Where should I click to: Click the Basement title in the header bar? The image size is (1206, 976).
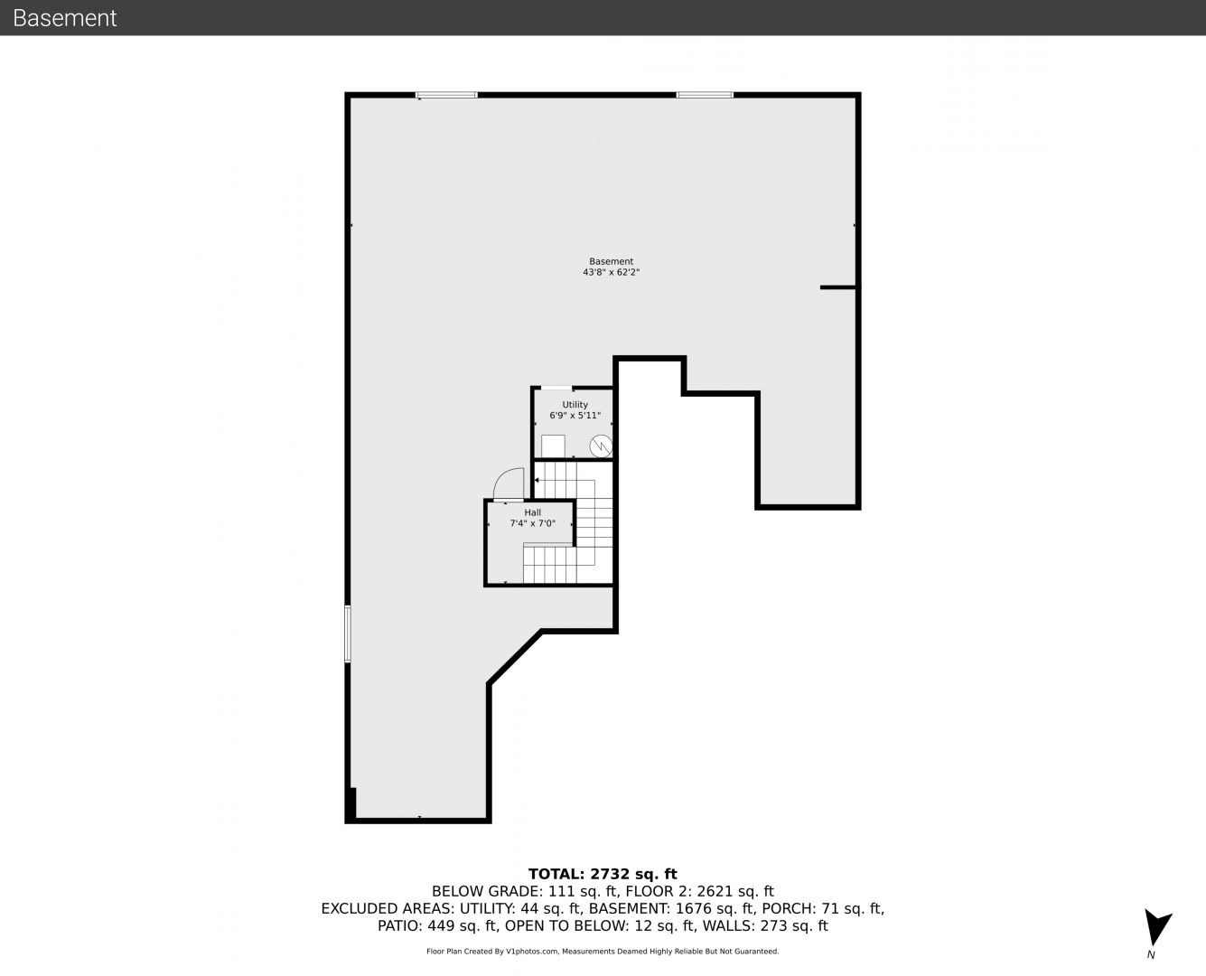click(64, 18)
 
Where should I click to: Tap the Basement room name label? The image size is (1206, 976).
click(611, 261)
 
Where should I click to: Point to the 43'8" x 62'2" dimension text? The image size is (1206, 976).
click(611, 272)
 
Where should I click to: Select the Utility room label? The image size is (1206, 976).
click(575, 405)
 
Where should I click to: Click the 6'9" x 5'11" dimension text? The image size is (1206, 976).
click(575, 415)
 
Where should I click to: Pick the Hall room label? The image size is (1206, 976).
click(532, 512)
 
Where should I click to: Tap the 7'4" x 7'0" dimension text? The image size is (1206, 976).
click(532, 523)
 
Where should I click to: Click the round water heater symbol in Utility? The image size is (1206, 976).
click(601, 446)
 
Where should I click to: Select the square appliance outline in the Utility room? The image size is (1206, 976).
click(553, 446)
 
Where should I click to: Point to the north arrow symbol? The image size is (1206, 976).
click(1156, 927)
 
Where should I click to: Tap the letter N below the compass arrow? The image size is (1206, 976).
click(1151, 954)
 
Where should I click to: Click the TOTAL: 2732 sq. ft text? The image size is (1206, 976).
click(603, 874)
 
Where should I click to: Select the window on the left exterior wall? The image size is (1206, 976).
click(348, 633)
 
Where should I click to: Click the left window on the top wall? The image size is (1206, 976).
click(447, 95)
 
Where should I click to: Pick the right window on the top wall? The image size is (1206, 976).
click(705, 95)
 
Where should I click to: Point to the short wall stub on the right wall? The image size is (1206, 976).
click(838, 287)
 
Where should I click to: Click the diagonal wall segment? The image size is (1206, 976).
click(515, 656)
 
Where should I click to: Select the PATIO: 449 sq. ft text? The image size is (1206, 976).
click(437, 925)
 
